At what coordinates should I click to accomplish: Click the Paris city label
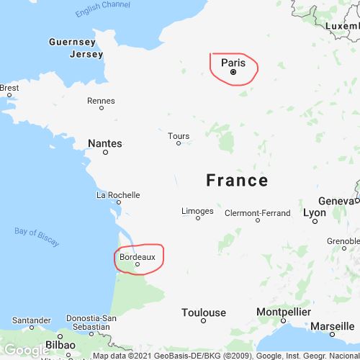pyautogui.click(x=233, y=62)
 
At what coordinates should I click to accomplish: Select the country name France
pyautogui.click(x=237, y=180)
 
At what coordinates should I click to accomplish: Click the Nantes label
pyautogui.click(x=104, y=143)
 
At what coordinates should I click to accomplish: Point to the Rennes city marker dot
pyautogui.click(x=102, y=108)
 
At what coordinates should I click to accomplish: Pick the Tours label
pyautogui.click(x=179, y=135)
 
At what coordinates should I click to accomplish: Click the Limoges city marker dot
pyautogui.click(x=198, y=218)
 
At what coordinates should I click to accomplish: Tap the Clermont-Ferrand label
pyautogui.click(x=258, y=213)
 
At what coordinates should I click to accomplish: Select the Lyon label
pyautogui.click(x=315, y=212)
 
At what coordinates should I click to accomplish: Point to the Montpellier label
pyautogui.click(x=284, y=312)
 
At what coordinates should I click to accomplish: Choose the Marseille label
pyautogui.click(x=332, y=326)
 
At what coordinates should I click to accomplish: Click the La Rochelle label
pyautogui.click(x=118, y=194)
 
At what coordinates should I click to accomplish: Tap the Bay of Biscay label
pyautogui.click(x=37, y=236)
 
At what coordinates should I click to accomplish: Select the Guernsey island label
pyautogui.click(x=72, y=42)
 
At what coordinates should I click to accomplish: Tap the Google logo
pyautogui.click(x=26, y=350)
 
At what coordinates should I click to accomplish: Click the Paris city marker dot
pyautogui.click(x=233, y=72)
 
